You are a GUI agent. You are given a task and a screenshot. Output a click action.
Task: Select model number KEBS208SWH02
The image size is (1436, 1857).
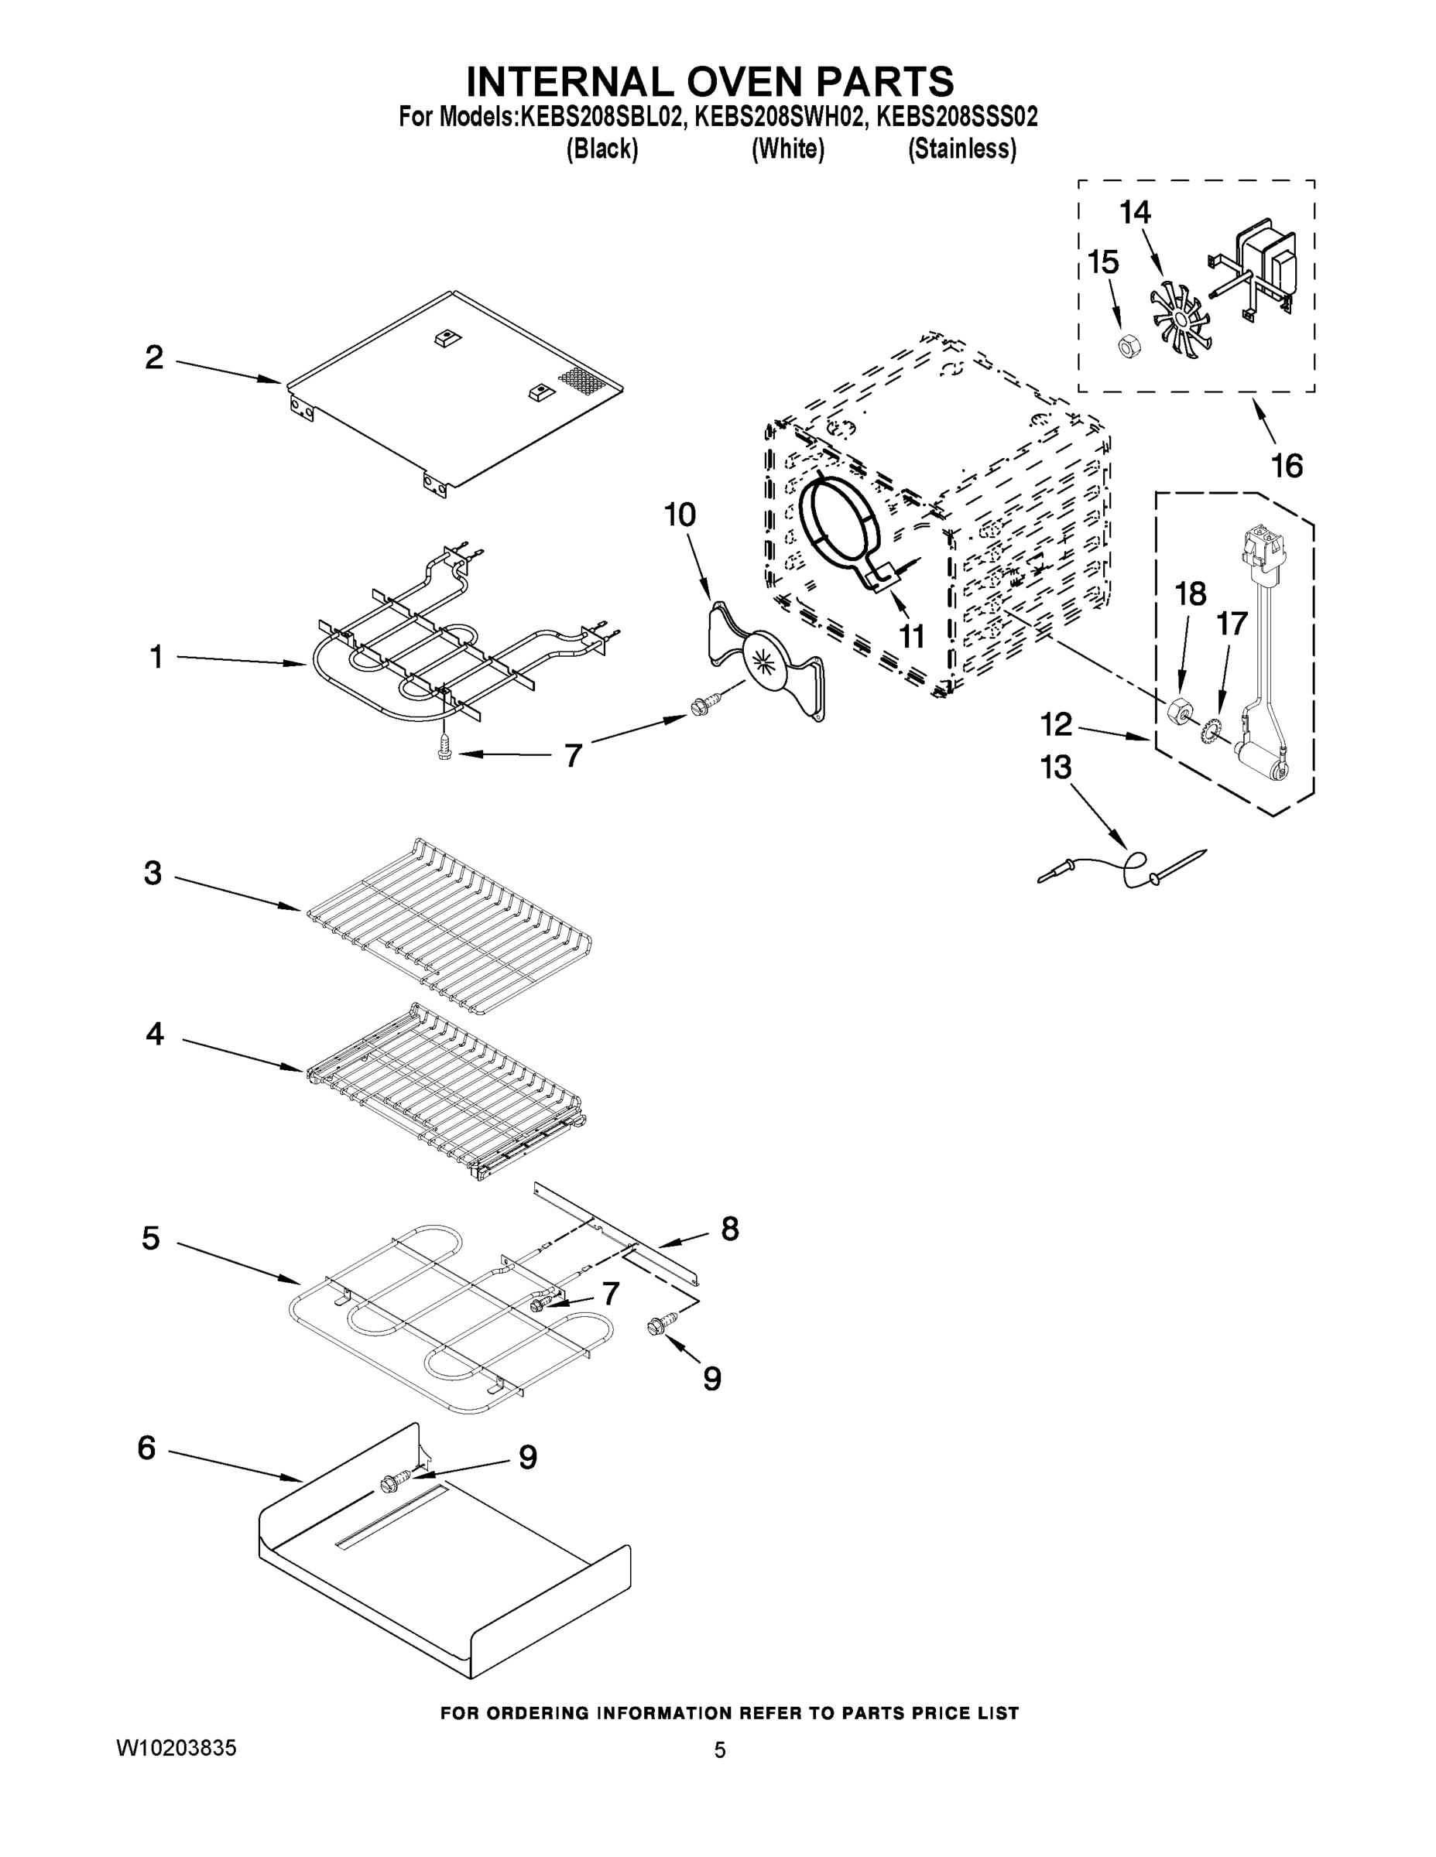pyautogui.click(x=780, y=117)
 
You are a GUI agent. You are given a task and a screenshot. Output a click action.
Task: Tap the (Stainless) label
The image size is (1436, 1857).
pyautogui.click(x=962, y=149)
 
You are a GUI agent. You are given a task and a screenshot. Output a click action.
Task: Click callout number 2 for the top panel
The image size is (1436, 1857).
pyautogui.click(x=154, y=357)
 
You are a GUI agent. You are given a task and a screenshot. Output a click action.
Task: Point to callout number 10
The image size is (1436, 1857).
pyautogui.click(x=680, y=515)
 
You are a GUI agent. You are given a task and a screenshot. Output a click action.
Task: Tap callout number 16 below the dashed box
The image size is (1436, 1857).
pyautogui.click(x=1287, y=465)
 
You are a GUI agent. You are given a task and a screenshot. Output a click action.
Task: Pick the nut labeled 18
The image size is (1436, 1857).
pyautogui.click(x=1177, y=708)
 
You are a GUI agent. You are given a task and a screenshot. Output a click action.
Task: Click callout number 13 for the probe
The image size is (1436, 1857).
pyautogui.click(x=1056, y=767)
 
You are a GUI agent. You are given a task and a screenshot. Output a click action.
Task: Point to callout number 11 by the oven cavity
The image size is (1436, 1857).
pyautogui.click(x=912, y=635)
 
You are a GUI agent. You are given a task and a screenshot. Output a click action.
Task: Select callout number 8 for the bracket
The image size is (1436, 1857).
pyautogui.click(x=729, y=1228)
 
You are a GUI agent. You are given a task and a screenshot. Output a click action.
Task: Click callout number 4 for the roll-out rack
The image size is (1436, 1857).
pyautogui.click(x=155, y=1034)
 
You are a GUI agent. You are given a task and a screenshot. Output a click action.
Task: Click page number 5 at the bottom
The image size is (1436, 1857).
pyautogui.click(x=720, y=1750)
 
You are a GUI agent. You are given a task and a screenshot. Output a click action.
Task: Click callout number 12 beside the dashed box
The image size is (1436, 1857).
pyautogui.click(x=1056, y=724)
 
